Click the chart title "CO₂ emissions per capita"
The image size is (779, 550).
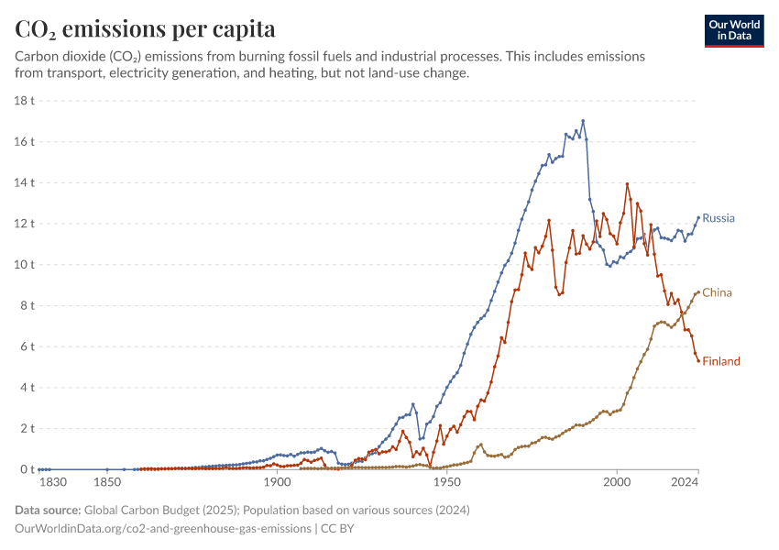[x=145, y=29]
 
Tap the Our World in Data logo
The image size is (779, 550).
[x=734, y=30]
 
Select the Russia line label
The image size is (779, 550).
[x=719, y=218]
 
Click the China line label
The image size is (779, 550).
[x=717, y=292]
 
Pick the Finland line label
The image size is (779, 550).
[x=721, y=361]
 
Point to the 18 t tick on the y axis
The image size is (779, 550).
[x=23, y=100]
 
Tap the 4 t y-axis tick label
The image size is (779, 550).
[x=26, y=387]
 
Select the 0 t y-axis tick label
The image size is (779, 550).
[x=26, y=469]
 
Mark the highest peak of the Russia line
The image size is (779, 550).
[x=583, y=121]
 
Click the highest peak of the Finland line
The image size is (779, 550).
[x=628, y=184]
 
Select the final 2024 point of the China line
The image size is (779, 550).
[x=698, y=292]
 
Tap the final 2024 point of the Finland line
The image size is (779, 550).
[x=698, y=361]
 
